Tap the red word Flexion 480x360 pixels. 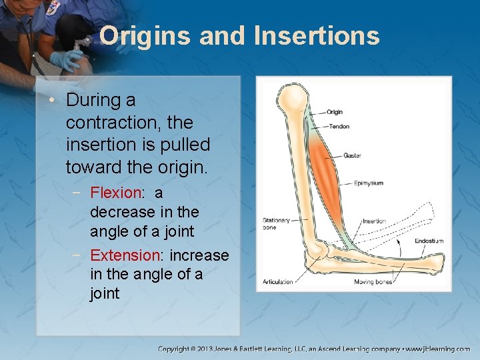tap(116, 193)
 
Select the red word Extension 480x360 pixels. tap(125, 255)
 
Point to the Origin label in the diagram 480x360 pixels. tap(335, 112)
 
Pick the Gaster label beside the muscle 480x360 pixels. tap(353, 155)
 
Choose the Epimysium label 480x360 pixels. tap(368, 183)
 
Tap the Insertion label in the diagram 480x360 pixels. tap(373, 221)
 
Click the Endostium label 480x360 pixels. tap(429, 241)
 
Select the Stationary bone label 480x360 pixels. tap(276, 223)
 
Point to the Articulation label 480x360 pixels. tap(277, 281)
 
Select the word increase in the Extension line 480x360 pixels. tap(199, 255)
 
